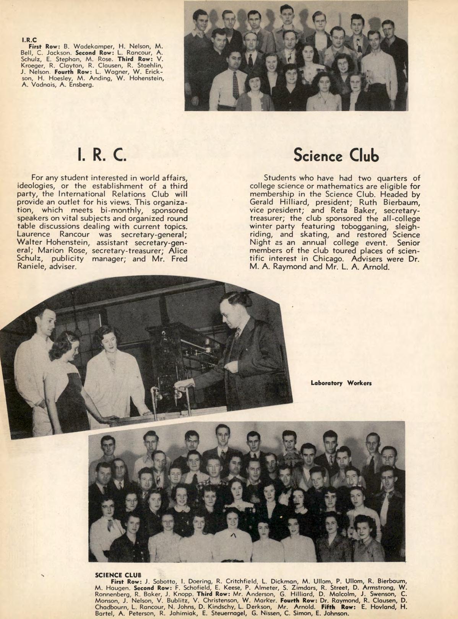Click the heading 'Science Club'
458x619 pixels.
click(336, 155)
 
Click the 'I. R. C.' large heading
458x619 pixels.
click(102, 154)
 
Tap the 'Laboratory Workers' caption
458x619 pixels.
click(341, 383)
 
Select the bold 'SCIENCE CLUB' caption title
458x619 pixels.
click(114, 575)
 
